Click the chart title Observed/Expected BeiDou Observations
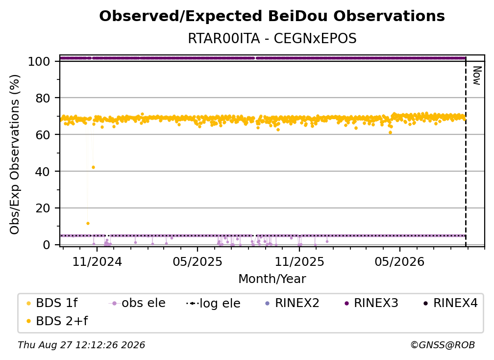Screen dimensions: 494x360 272,16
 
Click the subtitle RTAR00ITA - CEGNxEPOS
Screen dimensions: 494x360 272,38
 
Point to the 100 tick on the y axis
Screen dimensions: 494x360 39,61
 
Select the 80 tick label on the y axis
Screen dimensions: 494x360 43,98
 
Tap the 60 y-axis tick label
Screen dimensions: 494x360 43,135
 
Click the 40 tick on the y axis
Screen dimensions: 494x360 43,172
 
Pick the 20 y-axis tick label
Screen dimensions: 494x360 43,208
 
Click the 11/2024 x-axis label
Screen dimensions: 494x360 97,262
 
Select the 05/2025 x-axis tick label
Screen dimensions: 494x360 198,262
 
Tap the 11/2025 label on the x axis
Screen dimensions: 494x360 299,262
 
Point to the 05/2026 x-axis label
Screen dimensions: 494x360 399,262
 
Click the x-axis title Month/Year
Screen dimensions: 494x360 272,279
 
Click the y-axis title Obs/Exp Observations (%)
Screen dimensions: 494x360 15,154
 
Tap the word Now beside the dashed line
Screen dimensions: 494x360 477,76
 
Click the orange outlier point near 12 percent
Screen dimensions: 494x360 88,224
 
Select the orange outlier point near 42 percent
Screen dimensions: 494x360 93,167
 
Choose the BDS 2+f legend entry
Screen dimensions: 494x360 57,321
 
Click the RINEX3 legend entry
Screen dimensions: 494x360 371,303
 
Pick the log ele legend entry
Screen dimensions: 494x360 213,304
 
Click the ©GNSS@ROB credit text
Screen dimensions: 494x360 443,345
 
